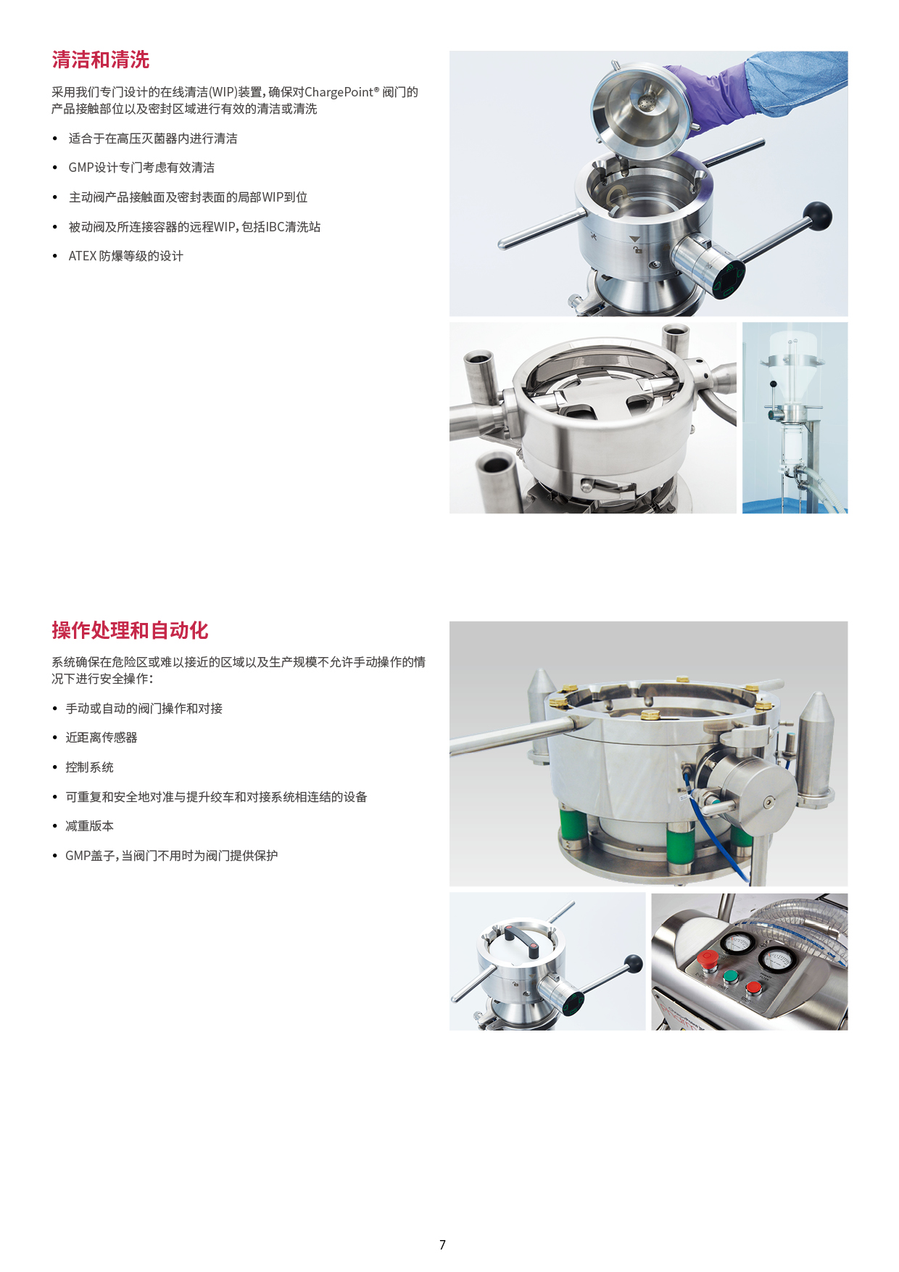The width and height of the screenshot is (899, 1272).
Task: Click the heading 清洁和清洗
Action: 101,59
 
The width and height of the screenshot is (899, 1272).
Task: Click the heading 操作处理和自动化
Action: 130,630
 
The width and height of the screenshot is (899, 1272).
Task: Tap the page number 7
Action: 442,1244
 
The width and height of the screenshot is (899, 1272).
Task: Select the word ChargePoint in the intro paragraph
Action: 339,92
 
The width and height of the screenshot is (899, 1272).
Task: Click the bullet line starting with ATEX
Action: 125,256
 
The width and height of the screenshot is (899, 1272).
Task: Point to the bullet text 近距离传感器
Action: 101,738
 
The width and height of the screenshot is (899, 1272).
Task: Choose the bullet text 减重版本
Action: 89,826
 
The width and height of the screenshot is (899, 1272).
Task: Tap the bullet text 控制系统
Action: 89,767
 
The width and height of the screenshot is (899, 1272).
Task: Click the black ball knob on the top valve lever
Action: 818,216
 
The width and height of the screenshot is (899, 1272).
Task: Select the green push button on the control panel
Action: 730,976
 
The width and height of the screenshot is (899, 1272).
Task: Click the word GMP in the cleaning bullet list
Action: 81,168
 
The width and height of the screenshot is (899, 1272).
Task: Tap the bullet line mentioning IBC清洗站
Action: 194,227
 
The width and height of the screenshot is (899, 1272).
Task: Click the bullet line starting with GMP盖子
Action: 171,856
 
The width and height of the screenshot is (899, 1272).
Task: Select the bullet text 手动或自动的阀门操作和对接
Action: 144,709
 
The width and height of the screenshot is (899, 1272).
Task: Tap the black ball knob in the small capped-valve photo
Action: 634,963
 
